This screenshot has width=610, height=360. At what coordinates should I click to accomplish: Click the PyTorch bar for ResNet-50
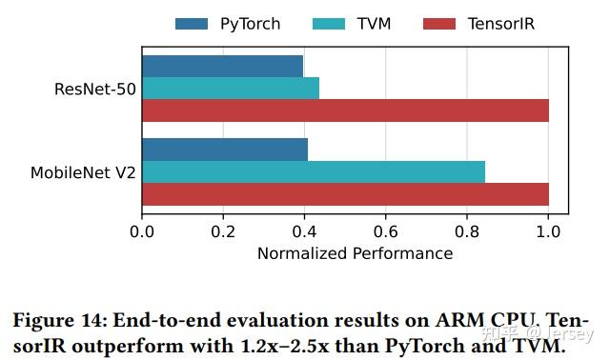tap(222, 66)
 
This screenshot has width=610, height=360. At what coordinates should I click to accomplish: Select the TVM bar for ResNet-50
tap(231, 89)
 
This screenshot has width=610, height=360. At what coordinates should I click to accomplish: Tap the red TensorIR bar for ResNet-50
tap(345, 110)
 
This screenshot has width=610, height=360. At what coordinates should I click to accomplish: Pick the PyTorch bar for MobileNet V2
tap(225, 150)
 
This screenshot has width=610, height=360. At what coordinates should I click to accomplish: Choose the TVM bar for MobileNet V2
tap(314, 172)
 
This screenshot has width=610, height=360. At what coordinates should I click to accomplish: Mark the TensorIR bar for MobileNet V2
tap(345, 194)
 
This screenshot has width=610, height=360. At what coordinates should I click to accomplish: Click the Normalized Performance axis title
tap(355, 253)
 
